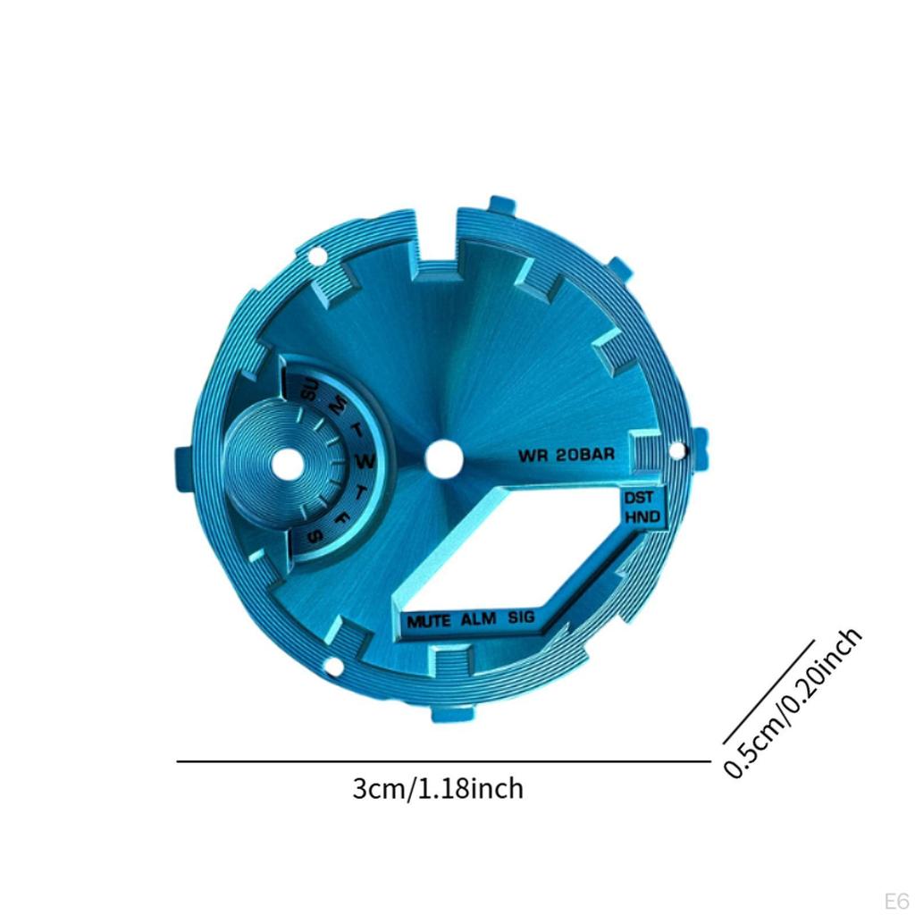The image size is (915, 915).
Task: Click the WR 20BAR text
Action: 566,455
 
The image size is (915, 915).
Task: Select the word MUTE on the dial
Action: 429,621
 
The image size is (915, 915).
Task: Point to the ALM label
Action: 478,618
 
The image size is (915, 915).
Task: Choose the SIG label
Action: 521,617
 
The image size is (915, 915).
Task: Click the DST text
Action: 638,499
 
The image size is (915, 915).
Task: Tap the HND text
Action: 642,516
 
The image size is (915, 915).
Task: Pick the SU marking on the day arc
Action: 308,390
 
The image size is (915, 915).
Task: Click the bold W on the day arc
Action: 365,462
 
